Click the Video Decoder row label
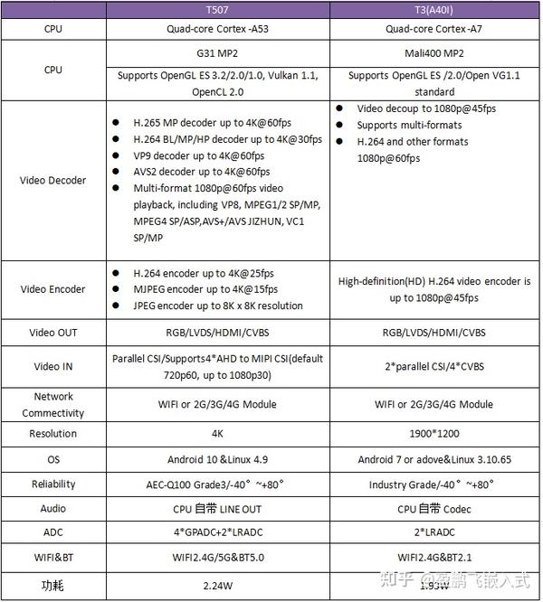(53, 180)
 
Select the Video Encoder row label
(53, 289)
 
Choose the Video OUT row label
(53, 333)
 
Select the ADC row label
(53, 533)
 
